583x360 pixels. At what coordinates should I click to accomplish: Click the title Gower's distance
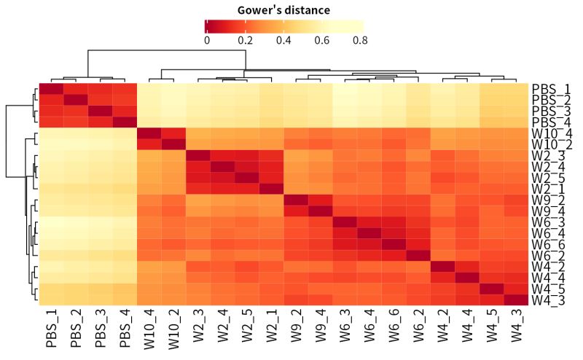[x=283, y=10]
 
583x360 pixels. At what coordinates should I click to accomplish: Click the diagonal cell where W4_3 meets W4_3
[x=517, y=300]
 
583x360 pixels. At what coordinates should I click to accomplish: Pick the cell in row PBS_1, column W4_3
[x=517, y=89]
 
